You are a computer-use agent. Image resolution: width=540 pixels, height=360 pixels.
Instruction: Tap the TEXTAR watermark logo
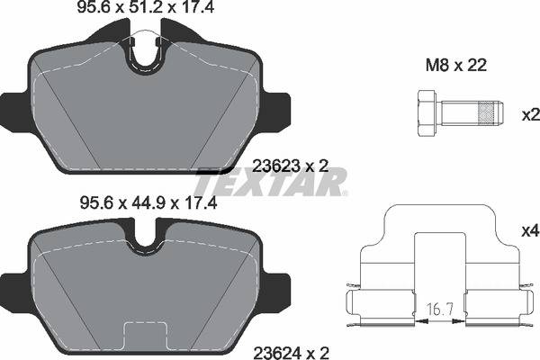point(271,183)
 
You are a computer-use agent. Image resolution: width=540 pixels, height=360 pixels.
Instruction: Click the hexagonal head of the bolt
point(427,113)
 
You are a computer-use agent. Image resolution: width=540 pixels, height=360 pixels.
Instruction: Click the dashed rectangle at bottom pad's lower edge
point(147,334)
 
